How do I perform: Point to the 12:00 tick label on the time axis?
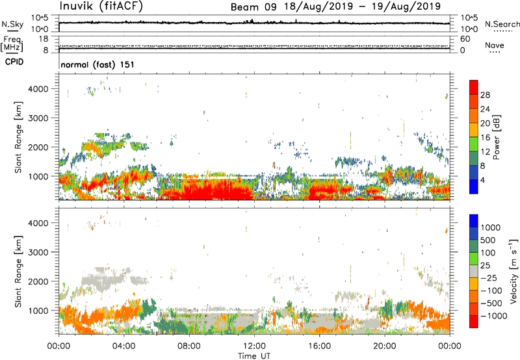coord(254,345)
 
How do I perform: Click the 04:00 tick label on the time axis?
coord(124,345)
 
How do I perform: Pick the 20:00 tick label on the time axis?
coord(385,345)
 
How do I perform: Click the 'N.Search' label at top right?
coord(499,23)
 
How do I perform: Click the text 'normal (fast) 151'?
coord(97,65)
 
